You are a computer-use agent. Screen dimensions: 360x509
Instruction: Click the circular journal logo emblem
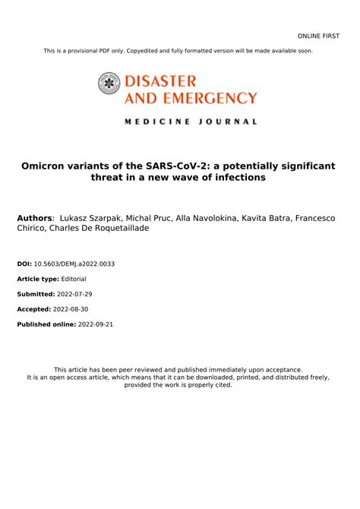[109, 83]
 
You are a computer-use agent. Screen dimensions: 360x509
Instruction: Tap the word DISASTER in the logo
[159, 80]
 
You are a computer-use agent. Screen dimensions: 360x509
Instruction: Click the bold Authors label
[36, 218]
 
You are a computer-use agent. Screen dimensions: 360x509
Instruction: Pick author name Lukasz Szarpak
[95, 218]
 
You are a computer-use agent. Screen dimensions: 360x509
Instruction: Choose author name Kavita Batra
[264, 218]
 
